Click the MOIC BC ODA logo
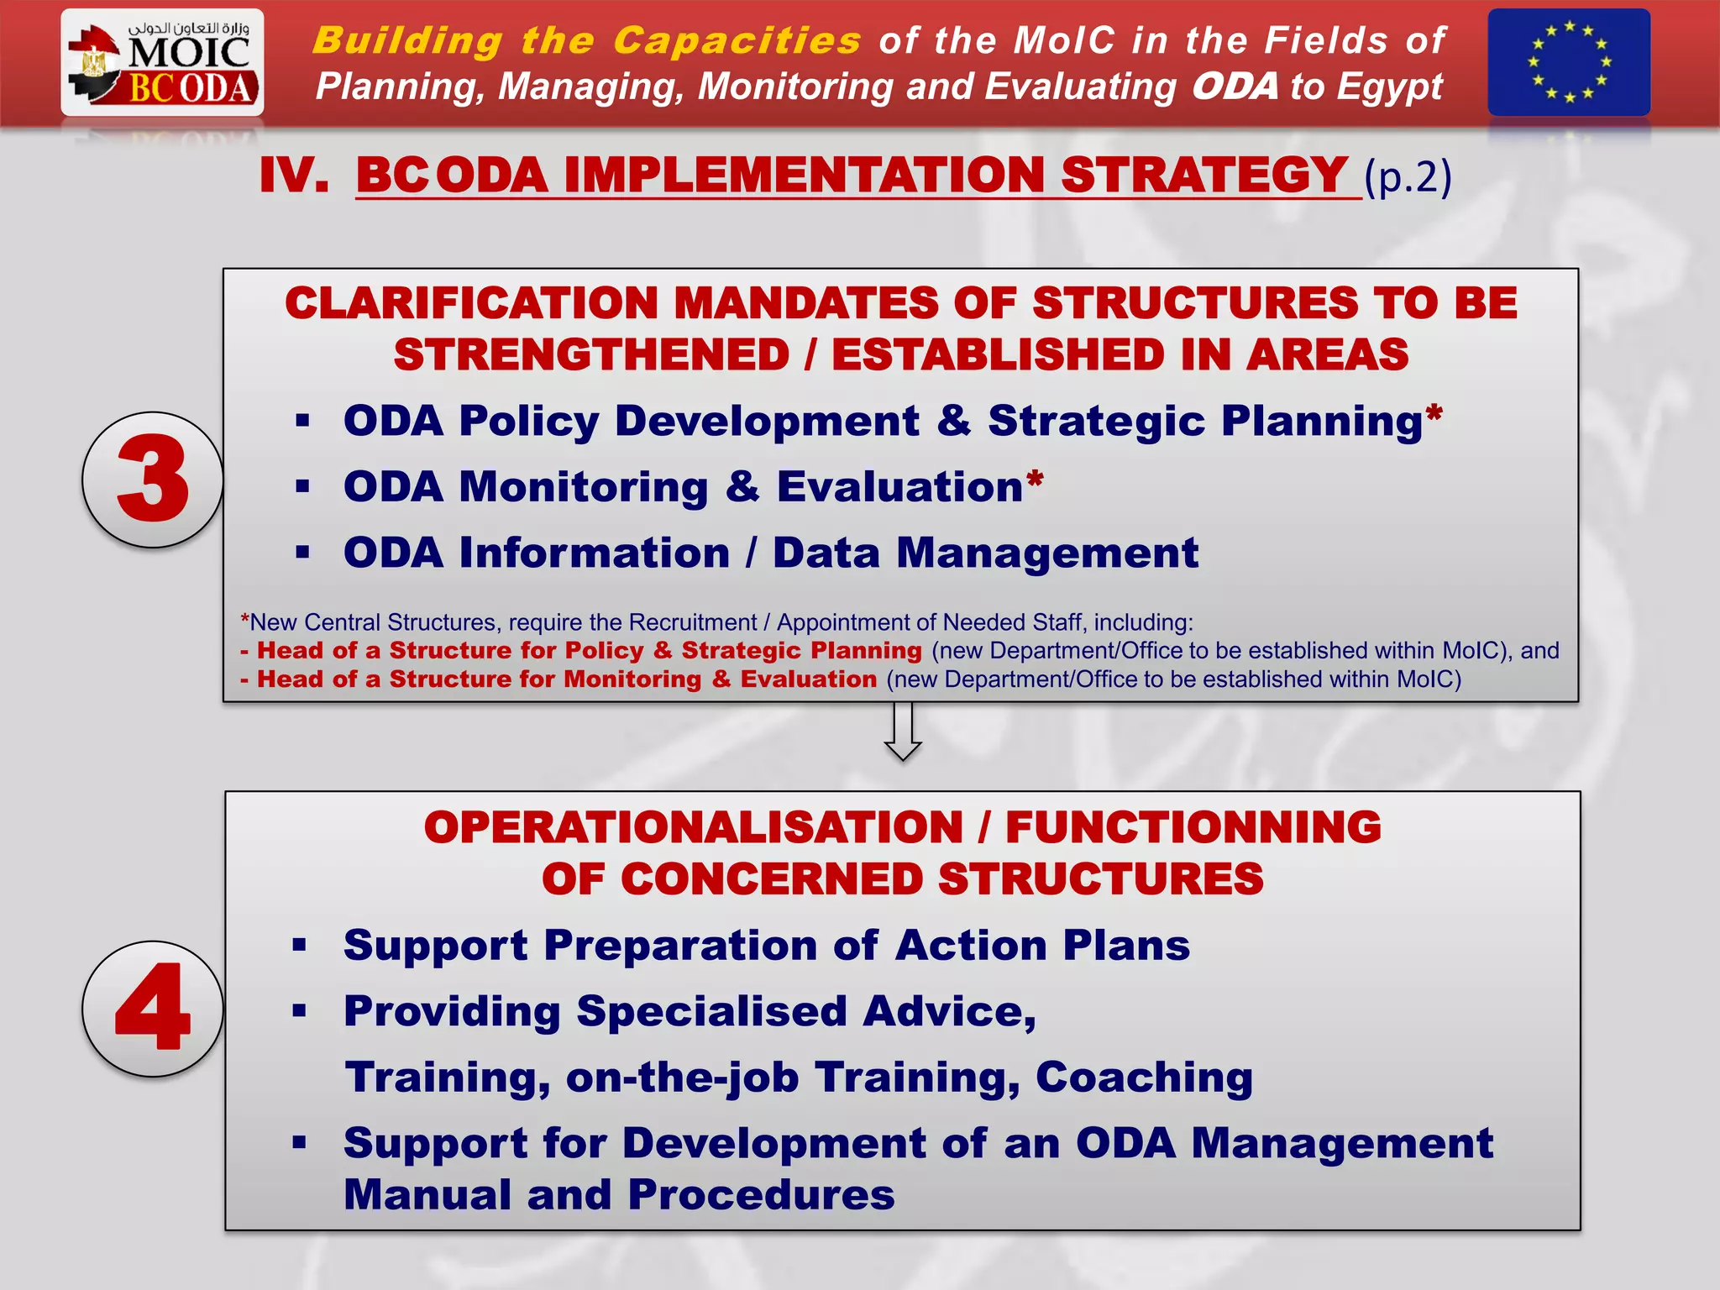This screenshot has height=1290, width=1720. [x=162, y=63]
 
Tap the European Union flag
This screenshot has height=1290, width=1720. [x=1568, y=62]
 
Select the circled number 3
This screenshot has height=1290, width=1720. [x=153, y=480]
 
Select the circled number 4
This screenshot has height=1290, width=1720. [x=153, y=1008]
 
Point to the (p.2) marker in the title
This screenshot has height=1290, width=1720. [x=1408, y=177]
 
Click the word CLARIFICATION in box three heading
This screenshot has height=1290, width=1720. [x=471, y=303]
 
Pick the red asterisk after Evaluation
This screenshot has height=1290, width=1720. [x=1035, y=480]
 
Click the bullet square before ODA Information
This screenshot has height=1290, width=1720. [x=303, y=553]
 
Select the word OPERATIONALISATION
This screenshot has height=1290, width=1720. [x=693, y=827]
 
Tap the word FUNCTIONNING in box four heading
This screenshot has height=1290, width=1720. [x=1193, y=827]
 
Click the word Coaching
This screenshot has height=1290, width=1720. [x=1144, y=1078]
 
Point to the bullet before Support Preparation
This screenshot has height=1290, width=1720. [x=301, y=946]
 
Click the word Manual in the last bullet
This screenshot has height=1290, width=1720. [x=427, y=1195]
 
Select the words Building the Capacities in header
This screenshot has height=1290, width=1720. [x=586, y=40]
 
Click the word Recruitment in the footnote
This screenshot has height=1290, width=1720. [x=692, y=622]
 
